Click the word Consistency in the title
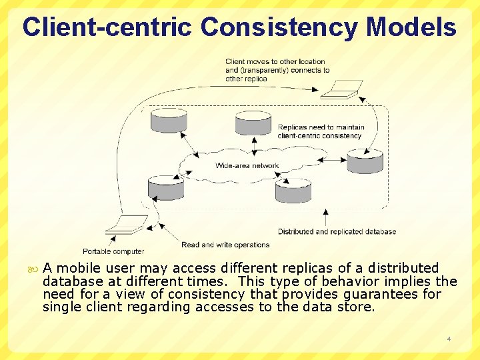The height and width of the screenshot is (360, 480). coord(279,27)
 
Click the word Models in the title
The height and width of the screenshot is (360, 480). coord(411,27)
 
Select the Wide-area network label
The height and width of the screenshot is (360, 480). coord(247,165)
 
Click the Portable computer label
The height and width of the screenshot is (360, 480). coord(113,251)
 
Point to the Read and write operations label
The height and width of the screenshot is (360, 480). coord(225,245)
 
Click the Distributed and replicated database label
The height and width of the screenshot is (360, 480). coord(337,232)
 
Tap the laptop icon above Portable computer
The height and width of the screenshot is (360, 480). coord(127,224)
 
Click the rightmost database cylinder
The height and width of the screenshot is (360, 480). coord(365,161)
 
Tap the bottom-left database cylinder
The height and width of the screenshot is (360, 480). coord(165,187)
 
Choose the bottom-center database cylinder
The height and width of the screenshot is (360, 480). coord(293,189)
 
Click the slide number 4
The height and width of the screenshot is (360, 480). coord(449,339)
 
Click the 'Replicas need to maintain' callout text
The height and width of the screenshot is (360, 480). coord(321,127)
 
